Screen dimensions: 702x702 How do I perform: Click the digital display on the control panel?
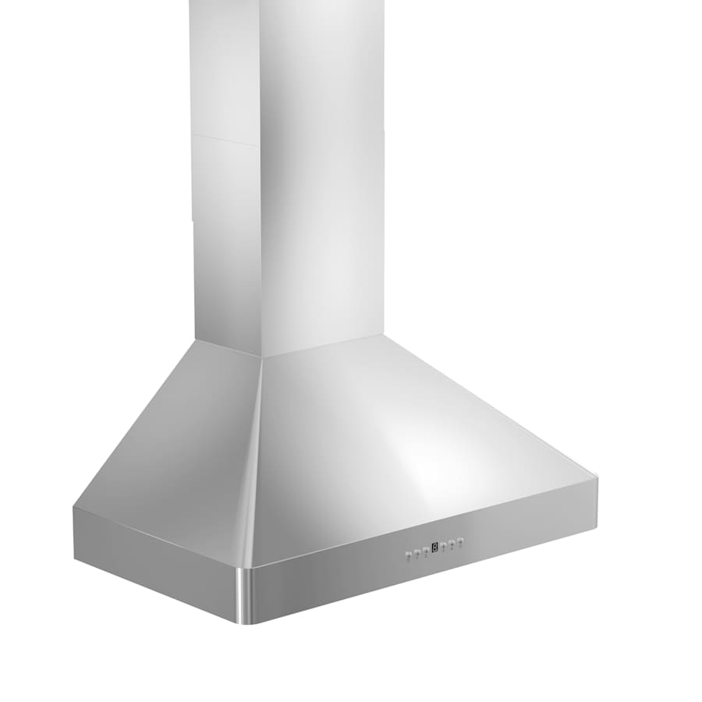434,547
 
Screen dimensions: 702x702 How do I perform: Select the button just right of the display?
443,544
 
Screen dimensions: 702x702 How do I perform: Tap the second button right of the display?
452,542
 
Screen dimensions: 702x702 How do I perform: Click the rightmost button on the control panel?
460,540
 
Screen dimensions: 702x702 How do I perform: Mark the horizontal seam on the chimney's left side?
225,140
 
